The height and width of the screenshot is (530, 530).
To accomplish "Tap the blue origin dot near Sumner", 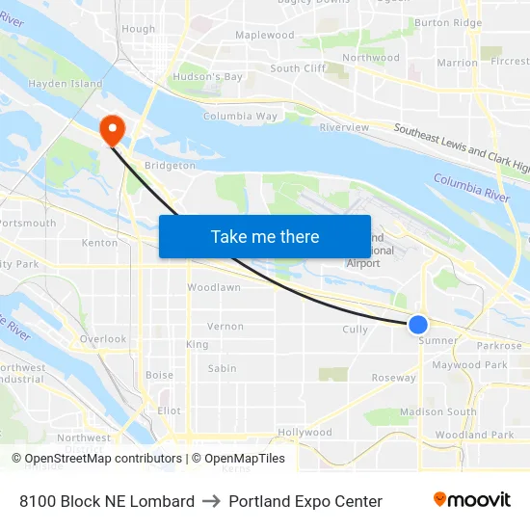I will tap(418, 325).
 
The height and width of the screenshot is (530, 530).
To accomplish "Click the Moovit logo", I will tap(472, 500).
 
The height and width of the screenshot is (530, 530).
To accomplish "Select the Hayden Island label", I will tap(66, 84).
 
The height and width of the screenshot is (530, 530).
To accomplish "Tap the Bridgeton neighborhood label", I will tap(170, 166).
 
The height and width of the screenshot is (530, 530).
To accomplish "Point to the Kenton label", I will tap(100, 243).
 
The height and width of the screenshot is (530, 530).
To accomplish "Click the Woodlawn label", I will tap(214, 287).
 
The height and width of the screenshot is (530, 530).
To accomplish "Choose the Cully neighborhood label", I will tap(356, 330).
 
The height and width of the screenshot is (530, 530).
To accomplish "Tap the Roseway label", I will tap(394, 378).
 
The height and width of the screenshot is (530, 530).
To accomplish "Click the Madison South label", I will tap(437, 411).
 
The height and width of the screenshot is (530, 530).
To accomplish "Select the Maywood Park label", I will tap(469, 365).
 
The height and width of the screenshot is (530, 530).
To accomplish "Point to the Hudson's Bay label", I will tap(207, 77).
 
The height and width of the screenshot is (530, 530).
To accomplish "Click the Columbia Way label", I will tap(240, 117).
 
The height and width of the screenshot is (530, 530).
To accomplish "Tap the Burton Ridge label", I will tap(448, 22).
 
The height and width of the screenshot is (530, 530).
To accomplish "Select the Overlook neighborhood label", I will tap(103, 339).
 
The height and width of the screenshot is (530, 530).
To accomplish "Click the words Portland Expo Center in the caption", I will tap(305, 501).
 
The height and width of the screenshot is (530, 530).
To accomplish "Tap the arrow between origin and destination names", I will tap(211, 501).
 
